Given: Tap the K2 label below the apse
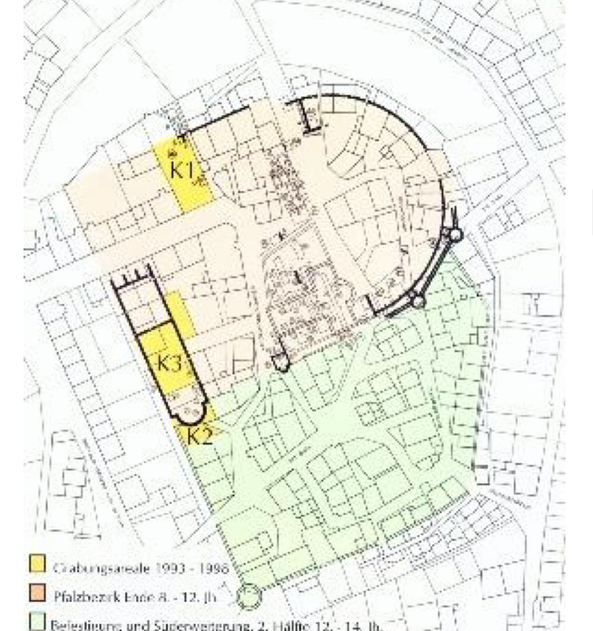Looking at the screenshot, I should point(199,436).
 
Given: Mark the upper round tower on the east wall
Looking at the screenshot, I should point(455,235).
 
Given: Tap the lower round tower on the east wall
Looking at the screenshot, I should point(418,300).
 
